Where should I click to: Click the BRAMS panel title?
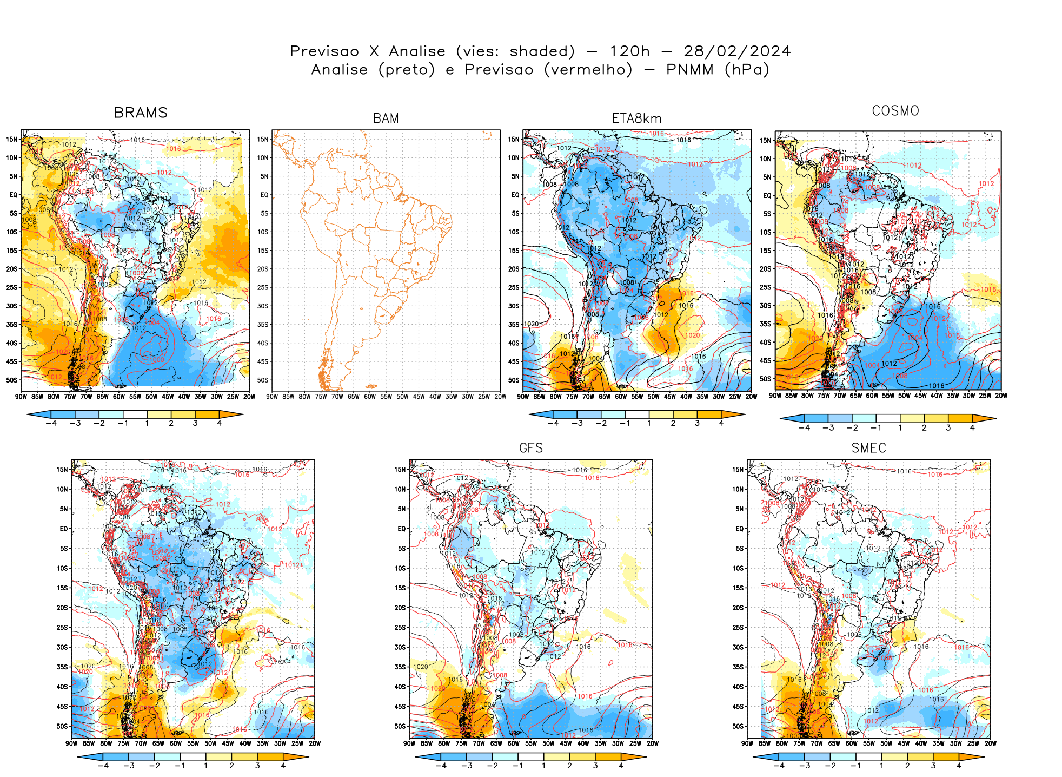(141, 113)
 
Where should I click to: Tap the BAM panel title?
(386, 118)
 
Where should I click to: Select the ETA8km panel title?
(636, 118)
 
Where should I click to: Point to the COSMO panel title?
(895, 111)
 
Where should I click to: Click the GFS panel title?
(530, 448)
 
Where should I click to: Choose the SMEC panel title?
(868, 448)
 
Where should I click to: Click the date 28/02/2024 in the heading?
(737, 51)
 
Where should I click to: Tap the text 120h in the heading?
(629, 51)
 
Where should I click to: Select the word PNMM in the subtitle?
(689, 70)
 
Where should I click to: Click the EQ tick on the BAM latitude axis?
(264, 195)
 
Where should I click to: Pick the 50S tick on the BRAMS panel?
(12, 380)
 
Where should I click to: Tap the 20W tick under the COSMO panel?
(1001, 396)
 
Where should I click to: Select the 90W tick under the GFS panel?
(409, 743)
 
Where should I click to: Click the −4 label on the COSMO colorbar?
(804, 427)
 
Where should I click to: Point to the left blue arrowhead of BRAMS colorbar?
(32, 414)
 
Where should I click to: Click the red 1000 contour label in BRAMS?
(157, 359)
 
